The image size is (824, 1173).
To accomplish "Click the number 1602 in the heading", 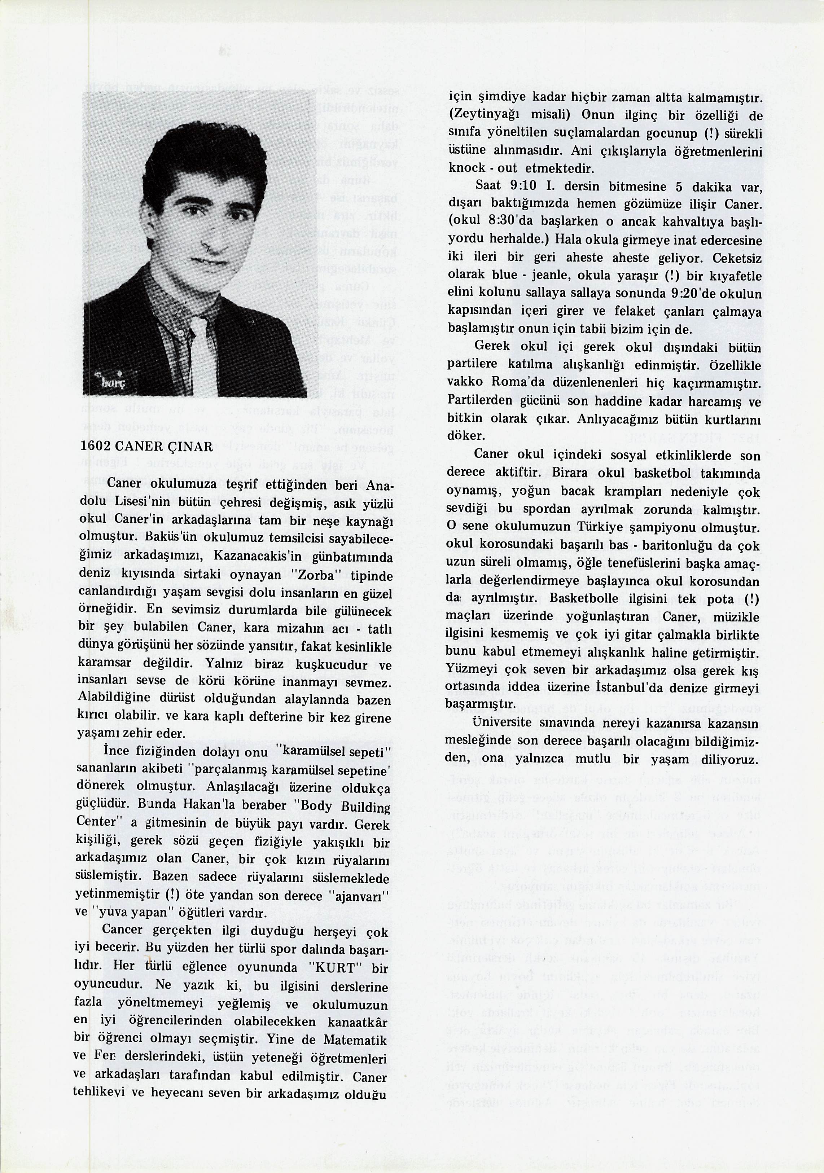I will click(x=96, y=447).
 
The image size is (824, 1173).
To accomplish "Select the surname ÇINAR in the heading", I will click(x=190, y=447).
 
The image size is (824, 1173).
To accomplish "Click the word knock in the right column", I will click(x=465, y=168).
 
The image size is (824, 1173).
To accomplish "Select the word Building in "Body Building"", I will click(x=360, y=806).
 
